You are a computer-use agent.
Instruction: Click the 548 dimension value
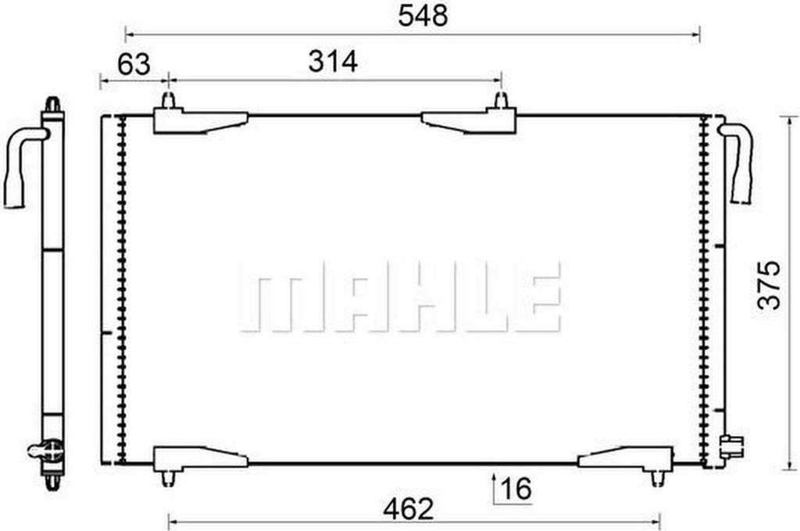click(x=423, y=16)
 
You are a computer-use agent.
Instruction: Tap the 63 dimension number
click(x=134, y=64)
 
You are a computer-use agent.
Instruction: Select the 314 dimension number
click(x=333, y=61)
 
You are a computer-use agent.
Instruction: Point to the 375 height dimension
click(x=769, y=285)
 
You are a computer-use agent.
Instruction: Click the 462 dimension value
click(x=409, y=508)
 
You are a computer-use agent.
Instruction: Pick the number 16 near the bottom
click(x=516, y=488)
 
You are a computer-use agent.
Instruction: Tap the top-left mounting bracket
click(x=200, y=120)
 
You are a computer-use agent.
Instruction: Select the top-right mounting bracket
click(x=469, y=121)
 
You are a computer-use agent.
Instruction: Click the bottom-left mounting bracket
click(x=200, y=458)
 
